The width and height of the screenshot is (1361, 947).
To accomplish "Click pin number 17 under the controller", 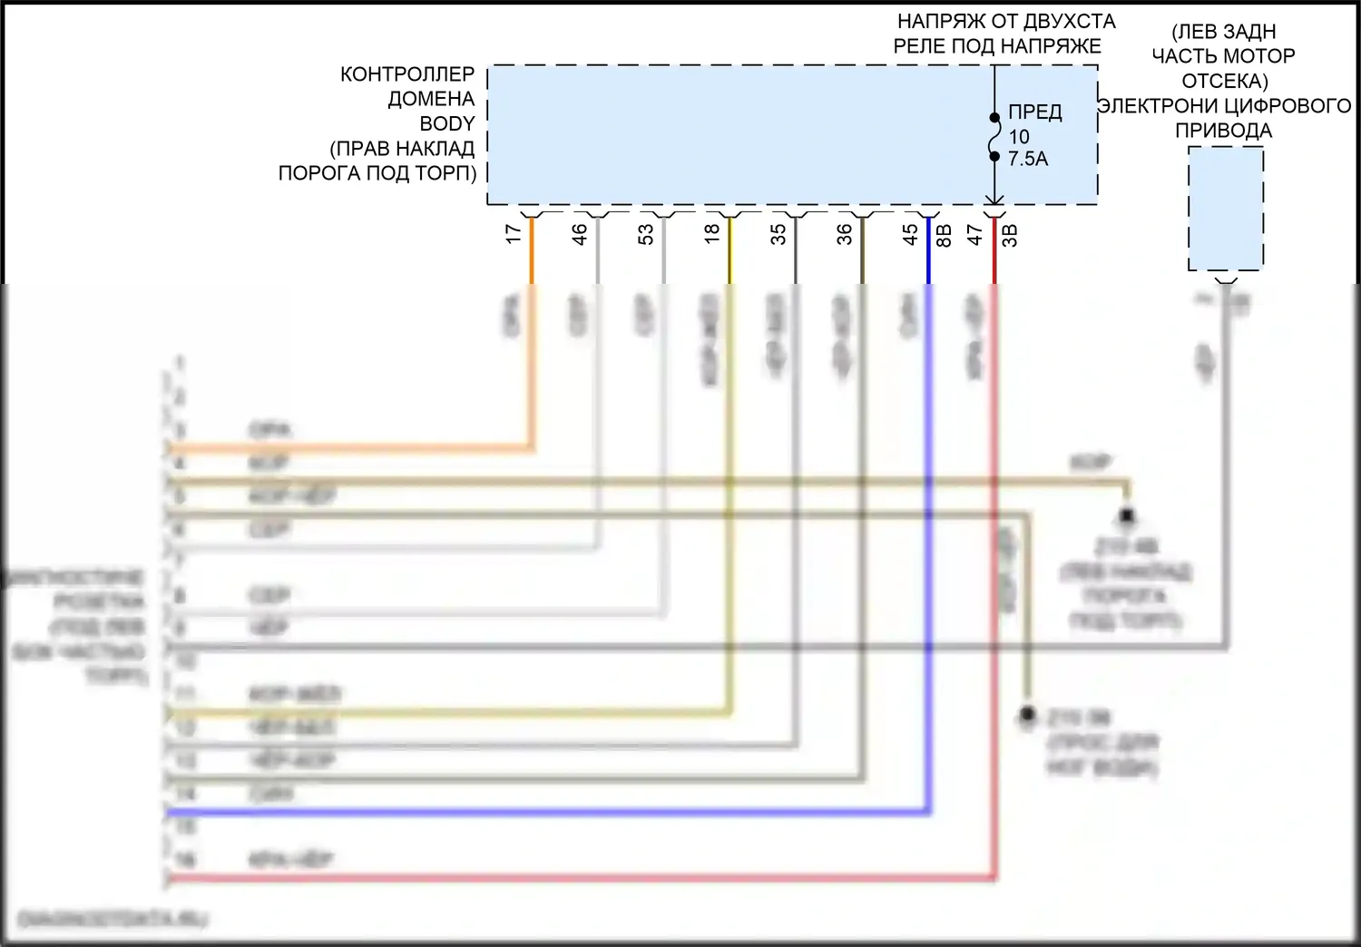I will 514,234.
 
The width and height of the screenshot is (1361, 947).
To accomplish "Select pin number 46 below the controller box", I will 580,234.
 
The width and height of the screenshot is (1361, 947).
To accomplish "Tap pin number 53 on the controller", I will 645,234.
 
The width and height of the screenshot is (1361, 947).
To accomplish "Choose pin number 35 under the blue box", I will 778,234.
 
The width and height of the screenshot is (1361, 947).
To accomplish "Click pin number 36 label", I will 845,234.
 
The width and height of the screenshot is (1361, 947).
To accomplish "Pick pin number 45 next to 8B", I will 910,234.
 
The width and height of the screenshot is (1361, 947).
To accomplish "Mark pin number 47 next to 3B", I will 975,234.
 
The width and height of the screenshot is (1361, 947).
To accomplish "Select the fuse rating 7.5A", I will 1028,159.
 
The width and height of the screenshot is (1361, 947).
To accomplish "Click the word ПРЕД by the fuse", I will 1035,112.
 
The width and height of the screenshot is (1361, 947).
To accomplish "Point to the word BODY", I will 447,123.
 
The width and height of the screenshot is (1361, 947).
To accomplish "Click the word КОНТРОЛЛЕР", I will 407,74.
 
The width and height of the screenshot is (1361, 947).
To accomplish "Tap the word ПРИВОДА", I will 1223,131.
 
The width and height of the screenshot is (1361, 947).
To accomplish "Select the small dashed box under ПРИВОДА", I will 1226,209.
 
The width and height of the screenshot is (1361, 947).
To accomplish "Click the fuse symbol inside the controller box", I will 994,137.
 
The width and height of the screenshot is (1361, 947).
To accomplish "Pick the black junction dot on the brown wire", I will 1127,515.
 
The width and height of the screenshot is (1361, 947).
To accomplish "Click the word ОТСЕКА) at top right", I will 1225,81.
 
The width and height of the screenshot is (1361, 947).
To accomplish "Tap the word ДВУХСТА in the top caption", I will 1071,21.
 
